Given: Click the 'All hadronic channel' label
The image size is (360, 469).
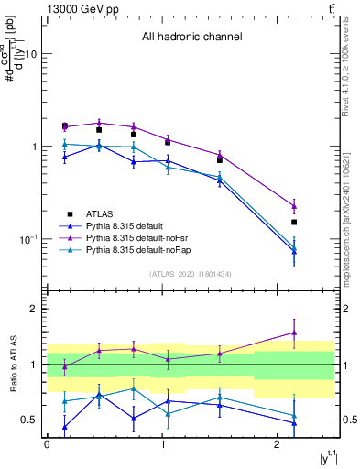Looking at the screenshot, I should tap(191, 38).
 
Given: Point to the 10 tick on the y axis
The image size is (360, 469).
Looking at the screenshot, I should tap(32, 54).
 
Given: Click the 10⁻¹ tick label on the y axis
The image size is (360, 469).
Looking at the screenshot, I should tap(28, 239).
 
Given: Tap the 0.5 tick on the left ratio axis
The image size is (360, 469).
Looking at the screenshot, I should tap(30, 420).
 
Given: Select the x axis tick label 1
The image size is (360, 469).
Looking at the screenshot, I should tap(161, 444).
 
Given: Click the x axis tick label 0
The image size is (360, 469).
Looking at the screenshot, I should tap(47, 444).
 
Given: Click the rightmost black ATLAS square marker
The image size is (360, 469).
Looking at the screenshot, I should tap(294, 222).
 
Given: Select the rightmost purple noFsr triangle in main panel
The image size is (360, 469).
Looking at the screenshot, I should tap(294, 205).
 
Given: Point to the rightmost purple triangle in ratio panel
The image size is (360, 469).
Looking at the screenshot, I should tap(294, 333).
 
